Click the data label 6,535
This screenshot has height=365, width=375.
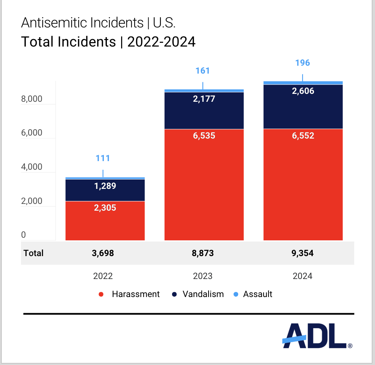[204, 136]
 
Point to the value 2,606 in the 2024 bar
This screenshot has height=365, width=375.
[303, 91]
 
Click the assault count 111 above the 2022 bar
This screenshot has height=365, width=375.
[103, 158]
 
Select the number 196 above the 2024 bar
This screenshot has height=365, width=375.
[303, 63]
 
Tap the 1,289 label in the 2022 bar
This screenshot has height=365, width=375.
[105, 186]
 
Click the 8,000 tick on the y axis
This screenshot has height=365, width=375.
[31, 99]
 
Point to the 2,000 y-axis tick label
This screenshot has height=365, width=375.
[31, 201]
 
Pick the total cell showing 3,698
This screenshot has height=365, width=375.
[103, 253]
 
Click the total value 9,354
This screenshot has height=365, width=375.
[303, 253]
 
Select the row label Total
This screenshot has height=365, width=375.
[33, 253]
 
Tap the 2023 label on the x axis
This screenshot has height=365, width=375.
[202, 276]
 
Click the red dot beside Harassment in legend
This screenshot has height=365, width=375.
[101, 294]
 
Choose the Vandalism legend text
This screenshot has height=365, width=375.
[203, 294]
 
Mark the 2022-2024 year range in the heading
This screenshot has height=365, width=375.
[161, 42]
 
